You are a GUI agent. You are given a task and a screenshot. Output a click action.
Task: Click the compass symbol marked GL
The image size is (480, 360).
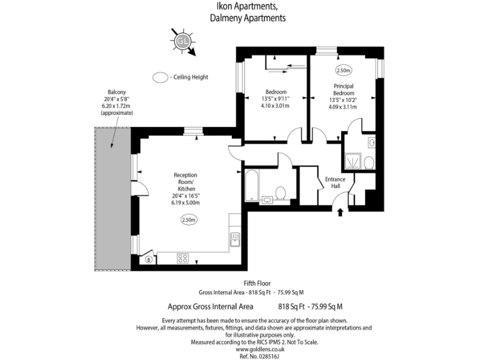[182, 41]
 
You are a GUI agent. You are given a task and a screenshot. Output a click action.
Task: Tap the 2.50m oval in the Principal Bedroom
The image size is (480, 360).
[344, 71]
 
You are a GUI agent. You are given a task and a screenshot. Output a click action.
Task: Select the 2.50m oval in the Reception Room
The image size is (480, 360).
[189, 219]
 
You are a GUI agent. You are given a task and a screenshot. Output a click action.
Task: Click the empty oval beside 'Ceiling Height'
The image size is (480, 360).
[161, 77]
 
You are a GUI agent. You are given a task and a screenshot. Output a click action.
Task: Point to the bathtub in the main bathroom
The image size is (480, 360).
[251, 186]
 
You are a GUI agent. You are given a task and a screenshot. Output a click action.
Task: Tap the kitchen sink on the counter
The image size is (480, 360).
[235, 239]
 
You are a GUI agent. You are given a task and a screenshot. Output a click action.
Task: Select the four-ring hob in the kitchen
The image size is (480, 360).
[184, 257]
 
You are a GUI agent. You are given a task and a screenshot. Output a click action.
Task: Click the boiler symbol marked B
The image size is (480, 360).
[149, 259]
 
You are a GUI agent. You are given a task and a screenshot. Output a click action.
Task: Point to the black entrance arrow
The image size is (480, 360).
[340, 212]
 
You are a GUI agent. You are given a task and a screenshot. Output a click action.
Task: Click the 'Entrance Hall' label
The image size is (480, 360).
[335, 182]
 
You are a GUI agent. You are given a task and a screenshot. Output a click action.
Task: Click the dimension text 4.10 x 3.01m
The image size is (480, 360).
[275, 106]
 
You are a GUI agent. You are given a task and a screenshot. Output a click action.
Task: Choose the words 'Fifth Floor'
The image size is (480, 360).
[256, 283]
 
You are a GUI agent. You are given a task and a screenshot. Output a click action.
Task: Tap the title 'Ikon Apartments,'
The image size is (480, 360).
[247, 7]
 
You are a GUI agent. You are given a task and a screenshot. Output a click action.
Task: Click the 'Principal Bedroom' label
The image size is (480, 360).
[343, 89]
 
